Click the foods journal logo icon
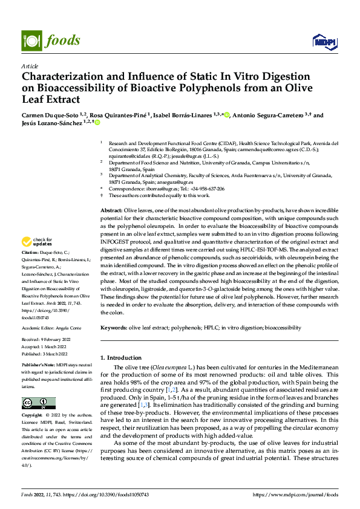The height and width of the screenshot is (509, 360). [31, 40]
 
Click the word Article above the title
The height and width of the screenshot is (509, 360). [30, 66]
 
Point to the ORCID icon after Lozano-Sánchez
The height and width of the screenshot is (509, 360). [96, 123]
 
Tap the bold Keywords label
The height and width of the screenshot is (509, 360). [114, 328]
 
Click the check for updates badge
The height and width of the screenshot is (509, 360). [38, 243]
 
